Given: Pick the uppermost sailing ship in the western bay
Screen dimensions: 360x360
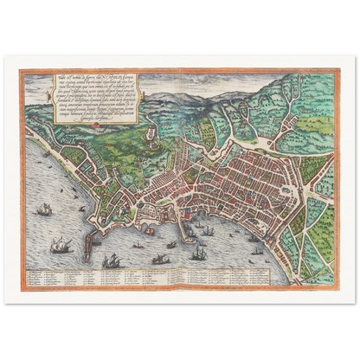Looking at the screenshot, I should [42, 209].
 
